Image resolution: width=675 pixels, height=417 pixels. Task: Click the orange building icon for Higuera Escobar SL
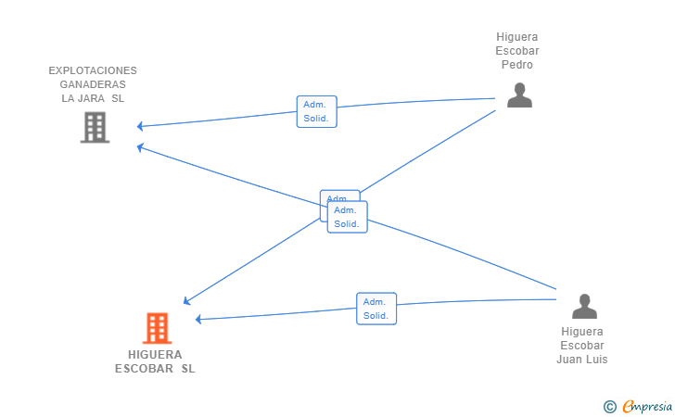tap(157, 328)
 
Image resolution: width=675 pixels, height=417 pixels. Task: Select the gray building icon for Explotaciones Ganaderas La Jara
tap(95, 127)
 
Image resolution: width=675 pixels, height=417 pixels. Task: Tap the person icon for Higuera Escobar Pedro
tap(519, 95)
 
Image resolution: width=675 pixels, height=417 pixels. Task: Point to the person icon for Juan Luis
tap(584, 306)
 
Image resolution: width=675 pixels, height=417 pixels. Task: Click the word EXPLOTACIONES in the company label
tap(93, 70)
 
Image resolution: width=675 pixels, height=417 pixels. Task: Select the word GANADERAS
tap(93, 84)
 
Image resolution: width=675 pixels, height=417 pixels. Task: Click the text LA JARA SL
tap(93, 98)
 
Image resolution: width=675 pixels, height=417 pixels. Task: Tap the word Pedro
tap(517, 65)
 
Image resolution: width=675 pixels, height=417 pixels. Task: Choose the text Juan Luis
tap(582, 360)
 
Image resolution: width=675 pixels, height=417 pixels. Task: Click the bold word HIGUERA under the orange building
tap(155, 355)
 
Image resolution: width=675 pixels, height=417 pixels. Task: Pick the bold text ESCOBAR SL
tap(155, 369)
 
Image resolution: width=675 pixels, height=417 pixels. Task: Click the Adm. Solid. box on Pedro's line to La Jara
tap(316, 111)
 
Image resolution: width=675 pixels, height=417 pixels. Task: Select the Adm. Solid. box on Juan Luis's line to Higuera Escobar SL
tap(376, 309)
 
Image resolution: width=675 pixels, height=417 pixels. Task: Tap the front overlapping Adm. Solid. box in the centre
tap(347, 217)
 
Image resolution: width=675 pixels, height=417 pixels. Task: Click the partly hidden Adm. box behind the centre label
tap(339, 196)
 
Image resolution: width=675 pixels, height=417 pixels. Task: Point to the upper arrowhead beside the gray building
tap(139, 126)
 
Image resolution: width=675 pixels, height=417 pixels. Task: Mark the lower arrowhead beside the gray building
tap(140, 147)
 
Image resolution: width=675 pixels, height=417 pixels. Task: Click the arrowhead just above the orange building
tap(186, 301)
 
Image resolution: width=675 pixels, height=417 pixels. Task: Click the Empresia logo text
tap(647, 406)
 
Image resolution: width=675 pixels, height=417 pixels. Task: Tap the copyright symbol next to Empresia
tap(609, 407)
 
